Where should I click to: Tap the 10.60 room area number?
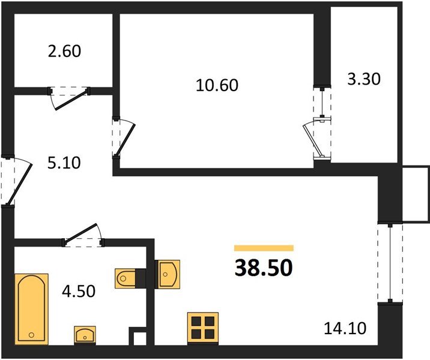coord(217,85)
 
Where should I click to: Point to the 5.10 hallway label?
coord(64,162)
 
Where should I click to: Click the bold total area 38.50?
coord(264,267)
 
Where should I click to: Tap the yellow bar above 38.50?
coord(264,248)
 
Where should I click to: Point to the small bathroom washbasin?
coord(85,334)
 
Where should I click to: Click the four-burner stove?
coord(201,328)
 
